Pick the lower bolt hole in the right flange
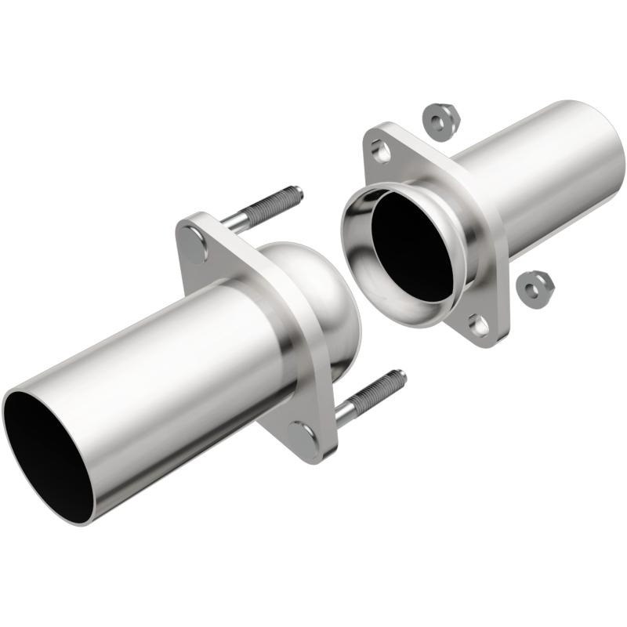coord(477,322)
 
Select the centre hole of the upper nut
coord(436,118)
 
